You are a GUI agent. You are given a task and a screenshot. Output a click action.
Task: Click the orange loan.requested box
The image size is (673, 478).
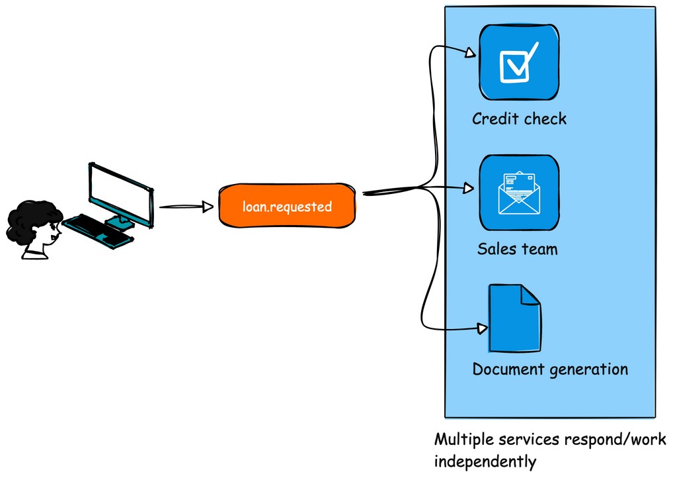click(x=286, y=207)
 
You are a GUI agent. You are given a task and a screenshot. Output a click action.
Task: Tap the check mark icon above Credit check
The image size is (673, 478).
click(x=519, y=62)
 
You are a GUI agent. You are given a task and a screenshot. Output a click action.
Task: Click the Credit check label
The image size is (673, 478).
click(x=519, y=119)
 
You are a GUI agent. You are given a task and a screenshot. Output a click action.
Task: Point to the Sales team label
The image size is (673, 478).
click(x=517, y=250)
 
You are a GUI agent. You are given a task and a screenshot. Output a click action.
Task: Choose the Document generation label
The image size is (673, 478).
click(x=550, y=369)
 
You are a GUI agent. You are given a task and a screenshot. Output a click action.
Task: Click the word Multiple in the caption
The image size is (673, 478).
click(x=462, y=440)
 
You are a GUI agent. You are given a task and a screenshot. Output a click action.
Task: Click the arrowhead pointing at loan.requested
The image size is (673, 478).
click(x=208, y=207)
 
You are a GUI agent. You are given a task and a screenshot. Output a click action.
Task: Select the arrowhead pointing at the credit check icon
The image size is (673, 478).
click(x=471, y=54)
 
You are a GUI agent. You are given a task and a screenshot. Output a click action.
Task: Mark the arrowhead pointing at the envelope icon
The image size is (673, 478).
click(x=469, y=189)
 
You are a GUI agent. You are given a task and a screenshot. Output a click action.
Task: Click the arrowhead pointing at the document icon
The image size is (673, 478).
click(x=483, y=328)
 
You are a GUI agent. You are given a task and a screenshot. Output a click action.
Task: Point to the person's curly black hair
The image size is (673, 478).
click(x=30, y=222)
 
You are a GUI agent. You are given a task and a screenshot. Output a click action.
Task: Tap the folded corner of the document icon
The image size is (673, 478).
click(x=530, y=295)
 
